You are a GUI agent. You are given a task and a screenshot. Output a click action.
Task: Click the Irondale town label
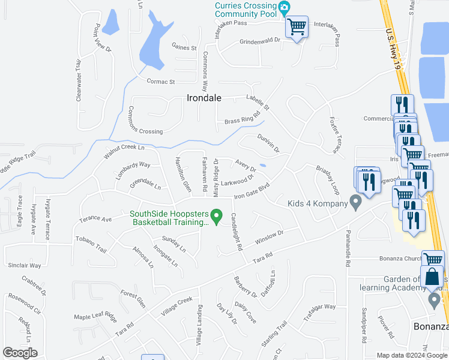(x=203, y=98)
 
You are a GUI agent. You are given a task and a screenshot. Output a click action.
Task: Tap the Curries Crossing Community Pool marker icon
(x=285, y=7)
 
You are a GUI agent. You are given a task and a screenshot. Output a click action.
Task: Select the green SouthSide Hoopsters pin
(x=217, y=214)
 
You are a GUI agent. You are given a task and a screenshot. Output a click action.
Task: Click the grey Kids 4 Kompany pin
(x=355, y=204)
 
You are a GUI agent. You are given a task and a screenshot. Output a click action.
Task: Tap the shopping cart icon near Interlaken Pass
(x=297, y=27)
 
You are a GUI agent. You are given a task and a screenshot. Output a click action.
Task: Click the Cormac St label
(x=160, y=82)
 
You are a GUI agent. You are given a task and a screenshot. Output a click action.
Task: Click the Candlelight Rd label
(x=236, y=232)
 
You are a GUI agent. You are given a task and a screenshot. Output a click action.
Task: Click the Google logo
(x=20, y=353)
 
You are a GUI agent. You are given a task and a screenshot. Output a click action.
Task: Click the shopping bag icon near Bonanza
(x=432, y=277)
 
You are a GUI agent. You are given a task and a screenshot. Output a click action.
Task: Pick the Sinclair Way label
(x=24, y=265)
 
